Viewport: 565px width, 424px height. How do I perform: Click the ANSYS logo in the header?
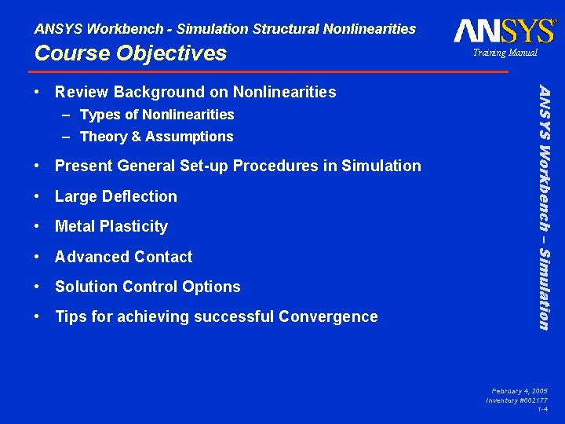point(505,31)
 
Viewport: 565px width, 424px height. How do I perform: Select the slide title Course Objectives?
point(130,53)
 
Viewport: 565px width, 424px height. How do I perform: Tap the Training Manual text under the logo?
point(505,53)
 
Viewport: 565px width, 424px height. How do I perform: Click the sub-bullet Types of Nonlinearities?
point(157,115)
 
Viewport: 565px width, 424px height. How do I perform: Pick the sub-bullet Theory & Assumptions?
point(156,137)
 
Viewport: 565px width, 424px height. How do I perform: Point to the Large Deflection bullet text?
point(116,196)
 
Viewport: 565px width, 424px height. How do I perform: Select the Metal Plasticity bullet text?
point(111,226)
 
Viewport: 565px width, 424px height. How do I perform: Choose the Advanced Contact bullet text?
point(123,257)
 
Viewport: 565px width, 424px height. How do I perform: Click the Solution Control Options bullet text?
point(148,287)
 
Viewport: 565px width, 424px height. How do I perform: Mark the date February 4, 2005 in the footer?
point(519,390)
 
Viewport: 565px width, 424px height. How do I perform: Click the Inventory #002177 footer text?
point(516,400)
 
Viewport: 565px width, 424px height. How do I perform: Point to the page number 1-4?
point(542,410)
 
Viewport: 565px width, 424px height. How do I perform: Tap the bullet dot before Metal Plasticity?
point(38,226)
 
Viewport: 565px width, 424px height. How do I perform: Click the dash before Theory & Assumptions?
point(67,137)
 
